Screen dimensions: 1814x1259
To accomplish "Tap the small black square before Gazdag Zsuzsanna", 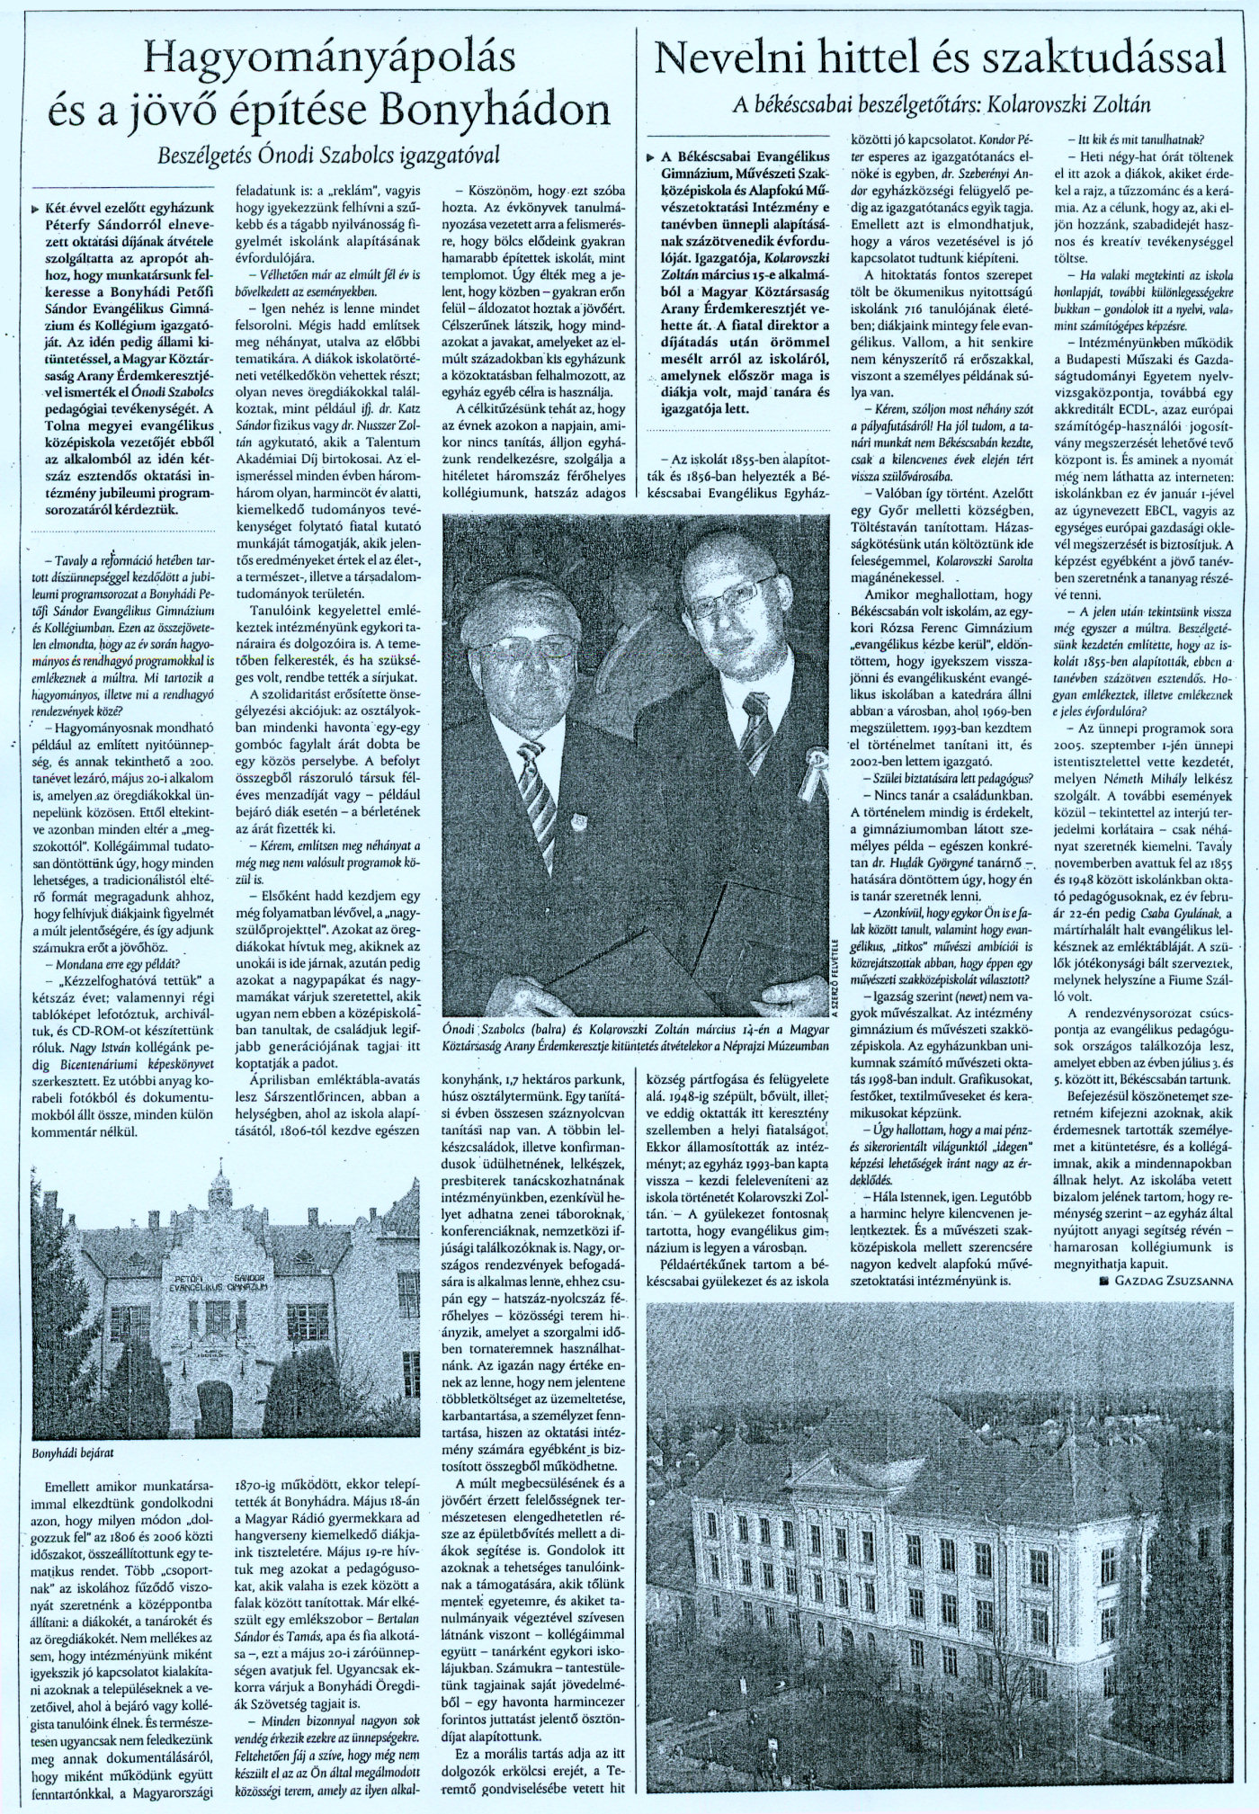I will click(x=1103, y=1279).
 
